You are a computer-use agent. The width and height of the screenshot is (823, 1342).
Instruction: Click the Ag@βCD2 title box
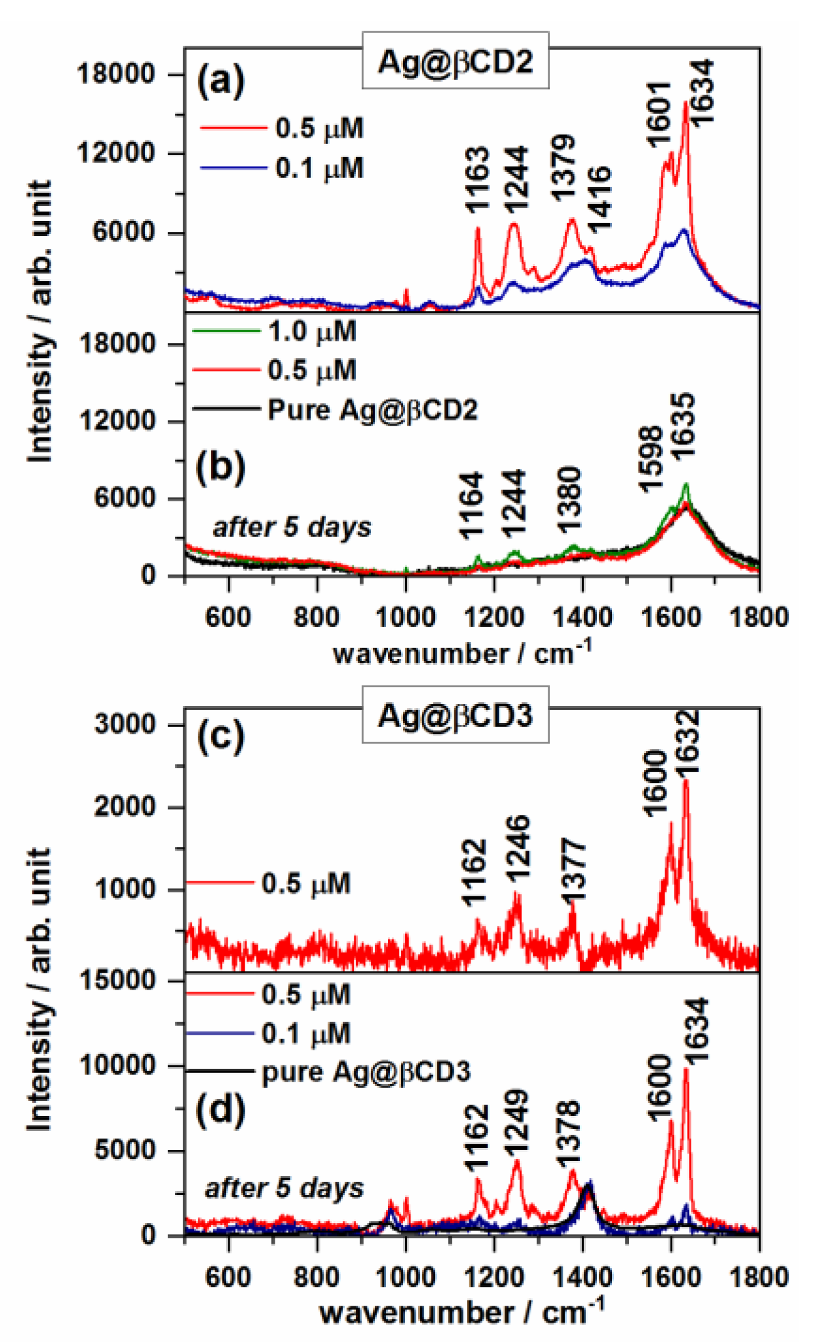[x=455, y=61]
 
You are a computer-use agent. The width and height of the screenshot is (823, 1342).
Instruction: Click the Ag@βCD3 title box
[x=455, y=714]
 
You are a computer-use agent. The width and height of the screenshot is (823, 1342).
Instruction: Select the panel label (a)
[x=220, y=79]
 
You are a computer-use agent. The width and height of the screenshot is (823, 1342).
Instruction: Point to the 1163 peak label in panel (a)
[x=478, y=180]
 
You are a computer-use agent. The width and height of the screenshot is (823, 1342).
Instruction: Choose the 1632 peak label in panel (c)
[x=687, y=743]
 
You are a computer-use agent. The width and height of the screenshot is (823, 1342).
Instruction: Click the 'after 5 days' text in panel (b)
[x=292, y=526]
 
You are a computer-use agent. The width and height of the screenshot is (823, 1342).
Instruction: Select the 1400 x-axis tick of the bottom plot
[x=583, y=1276]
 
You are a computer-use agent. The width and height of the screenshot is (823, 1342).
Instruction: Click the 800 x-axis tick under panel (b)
[x=317, y=617]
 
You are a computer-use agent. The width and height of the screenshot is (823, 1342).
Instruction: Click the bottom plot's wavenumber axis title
[x=461, y=1312]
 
